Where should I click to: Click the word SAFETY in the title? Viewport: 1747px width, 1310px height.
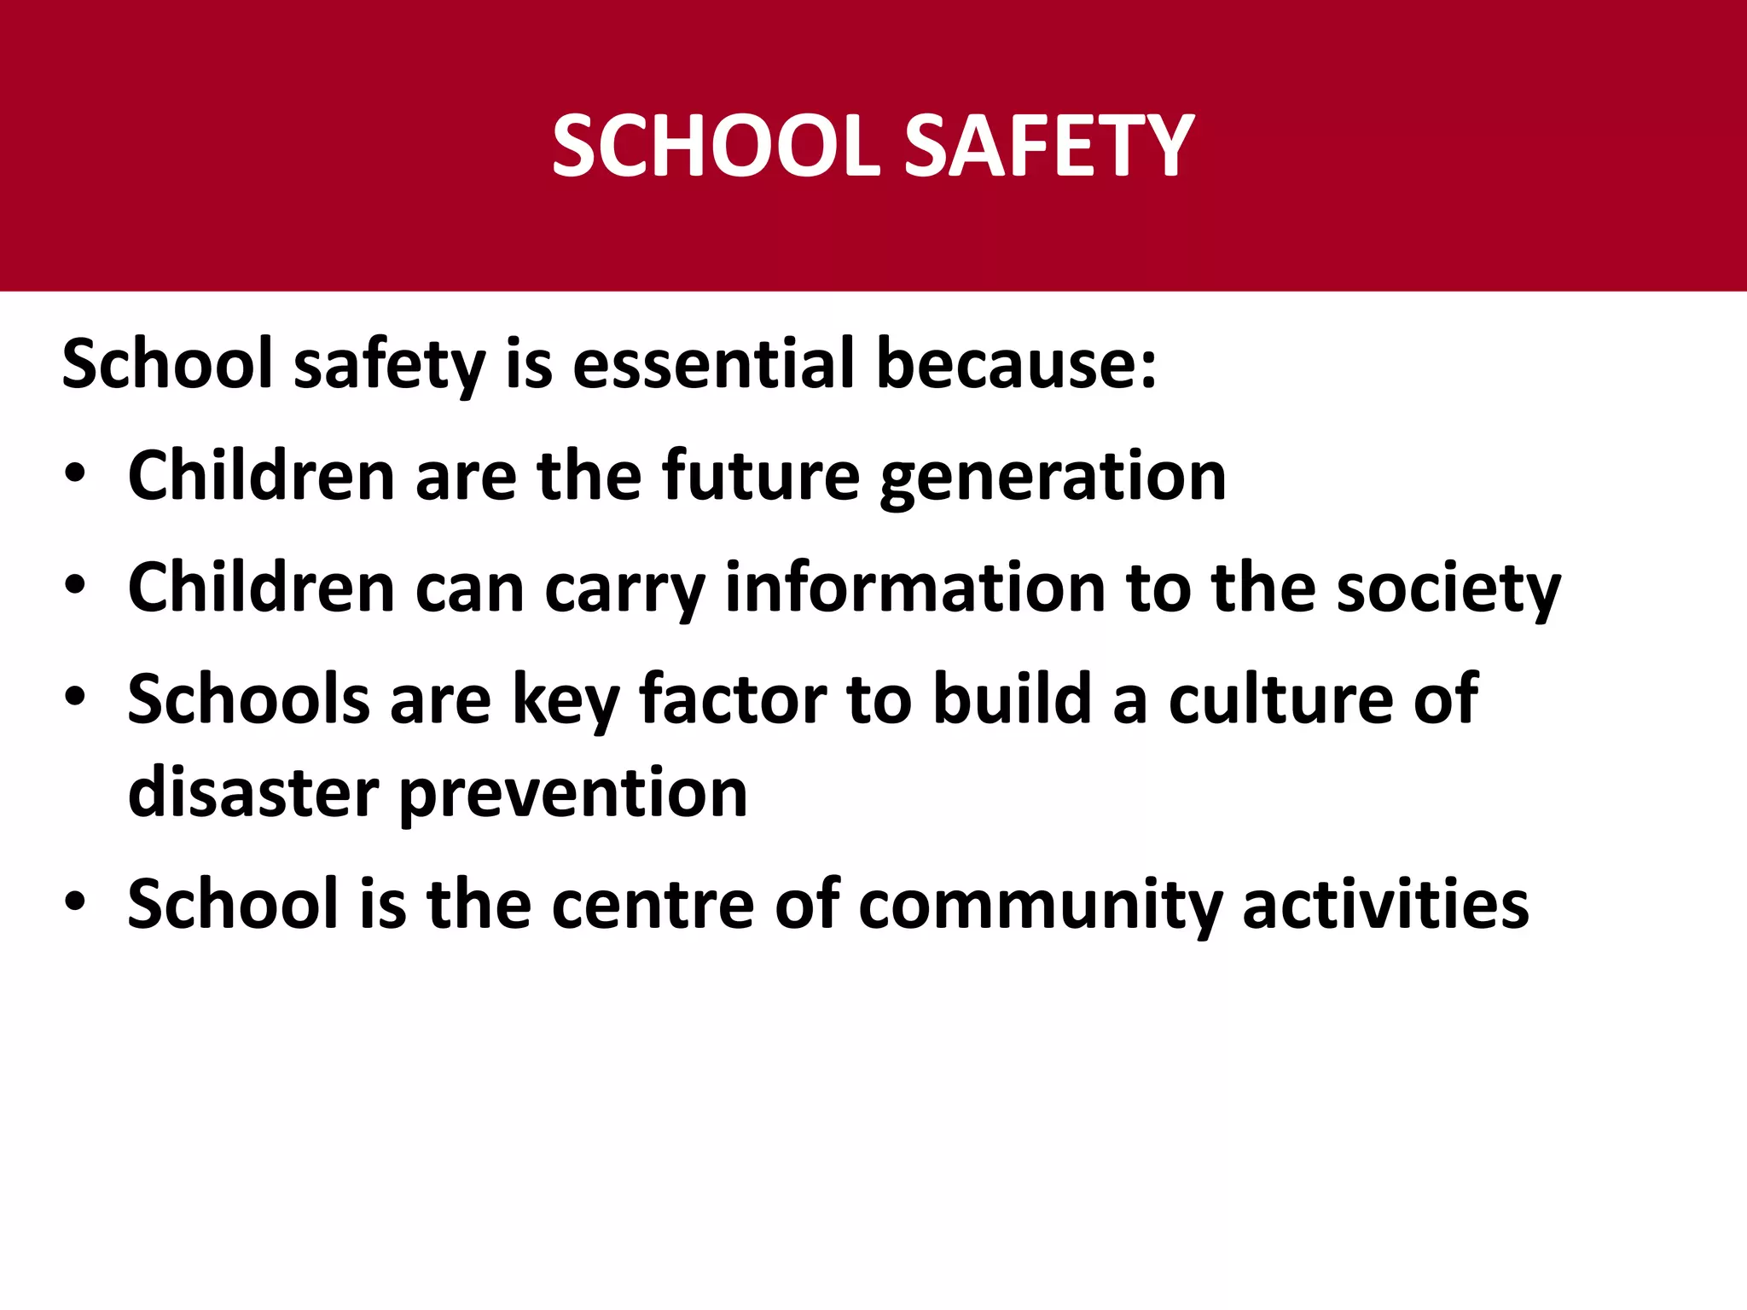tap(1048, 146)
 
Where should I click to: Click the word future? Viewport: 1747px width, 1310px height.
tap(761, 475)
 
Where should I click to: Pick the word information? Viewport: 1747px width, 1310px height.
tap(914, 587)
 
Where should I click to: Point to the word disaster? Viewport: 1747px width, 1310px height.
tap(253, 792)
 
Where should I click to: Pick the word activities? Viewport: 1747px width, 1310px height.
tap(1385, 903)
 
